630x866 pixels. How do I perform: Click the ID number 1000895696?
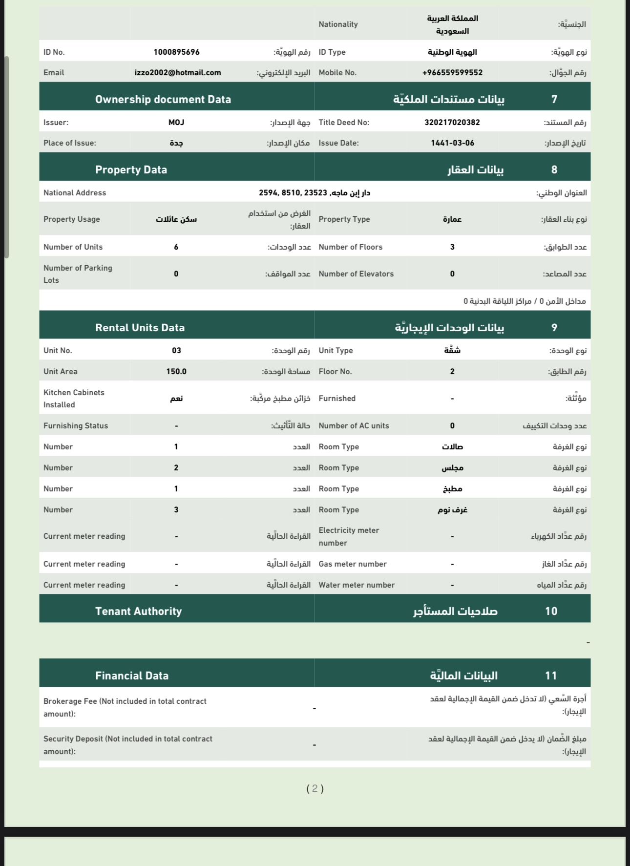tap(176, 52)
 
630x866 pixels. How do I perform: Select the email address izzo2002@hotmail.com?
tap(178, 73)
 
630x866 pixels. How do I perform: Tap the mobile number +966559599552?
tap(452, 73)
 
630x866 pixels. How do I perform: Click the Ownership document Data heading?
tap(163, 99)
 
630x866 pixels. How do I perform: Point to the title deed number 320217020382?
tap(452, 123)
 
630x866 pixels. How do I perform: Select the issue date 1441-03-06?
tap(452, 143)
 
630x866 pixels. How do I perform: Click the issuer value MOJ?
tap(176, 123)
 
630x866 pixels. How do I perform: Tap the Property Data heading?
tap(131, 169)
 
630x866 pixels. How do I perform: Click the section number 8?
tap(554, 169)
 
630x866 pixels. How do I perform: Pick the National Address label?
tap(75, 193)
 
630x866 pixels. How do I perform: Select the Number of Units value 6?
tap(176, 247)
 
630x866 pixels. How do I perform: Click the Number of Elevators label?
tap(356, 274)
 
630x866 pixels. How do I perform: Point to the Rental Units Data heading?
tap(140, 328)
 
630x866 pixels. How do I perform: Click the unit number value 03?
tap(176, 351)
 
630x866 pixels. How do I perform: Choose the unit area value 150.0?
tap(176, 372)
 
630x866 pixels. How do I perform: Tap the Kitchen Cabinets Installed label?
tap(74, 399)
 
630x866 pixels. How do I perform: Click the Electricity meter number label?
tap(349, 536)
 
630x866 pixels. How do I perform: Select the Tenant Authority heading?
tap(138, 611)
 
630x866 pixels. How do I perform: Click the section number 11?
tap(551, 676)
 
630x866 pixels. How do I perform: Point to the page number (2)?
tap(315, 788)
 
